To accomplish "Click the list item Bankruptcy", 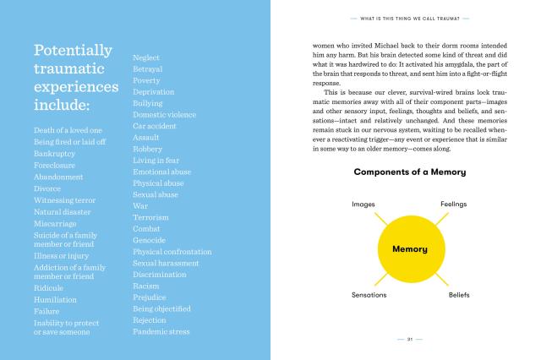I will point(55,154).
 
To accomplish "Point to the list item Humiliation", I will point(57,299).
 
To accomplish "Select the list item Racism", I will point(146,286).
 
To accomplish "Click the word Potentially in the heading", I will point(73,50).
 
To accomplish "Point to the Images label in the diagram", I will point(363,205).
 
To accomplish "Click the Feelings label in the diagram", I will point(453,205).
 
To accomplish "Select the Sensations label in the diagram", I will point(369,295).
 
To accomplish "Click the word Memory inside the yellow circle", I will point(409,249).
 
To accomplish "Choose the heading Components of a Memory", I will point(409,172).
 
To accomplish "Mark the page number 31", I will point(409,339).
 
